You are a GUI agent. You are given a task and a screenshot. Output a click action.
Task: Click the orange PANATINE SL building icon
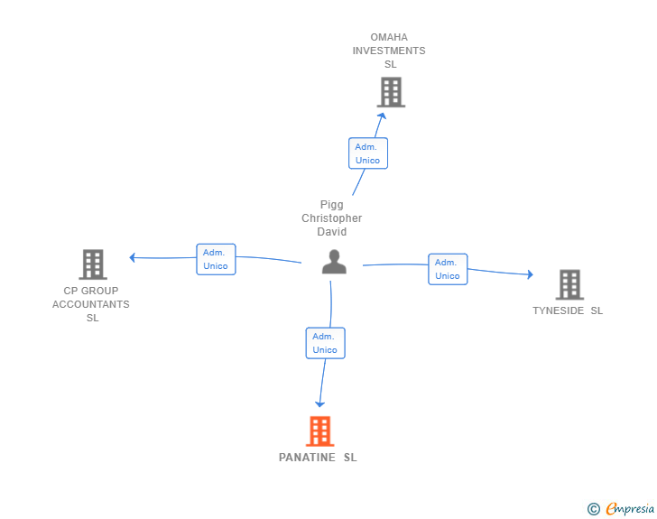click(x=320, y=431)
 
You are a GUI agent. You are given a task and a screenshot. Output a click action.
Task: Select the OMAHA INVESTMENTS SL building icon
click(x=391, y=92)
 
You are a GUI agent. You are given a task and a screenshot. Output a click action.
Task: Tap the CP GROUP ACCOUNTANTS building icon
click(x=93, y=264)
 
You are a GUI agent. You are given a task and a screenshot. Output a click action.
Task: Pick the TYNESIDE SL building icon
click(x=569, y=284)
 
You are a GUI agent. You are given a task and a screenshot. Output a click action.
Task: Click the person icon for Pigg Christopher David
click(x=334, y=262)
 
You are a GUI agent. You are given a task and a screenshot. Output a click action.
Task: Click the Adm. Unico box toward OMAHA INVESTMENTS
click(x=368, y=153)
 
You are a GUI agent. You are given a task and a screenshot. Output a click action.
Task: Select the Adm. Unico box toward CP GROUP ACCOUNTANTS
click(x=216, y=259)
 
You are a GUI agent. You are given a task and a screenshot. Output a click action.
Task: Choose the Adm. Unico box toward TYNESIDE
click(x=448, y=269)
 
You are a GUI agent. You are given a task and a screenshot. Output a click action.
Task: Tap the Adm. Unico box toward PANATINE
click(x=325, y=343)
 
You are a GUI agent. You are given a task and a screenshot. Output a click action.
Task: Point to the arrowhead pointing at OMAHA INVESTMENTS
click(x=382, y=116)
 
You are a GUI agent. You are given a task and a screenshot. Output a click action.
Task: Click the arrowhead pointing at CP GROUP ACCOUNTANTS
click(x=132, y=257)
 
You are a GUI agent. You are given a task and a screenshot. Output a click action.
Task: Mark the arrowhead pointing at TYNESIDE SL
click(x=531, y=274)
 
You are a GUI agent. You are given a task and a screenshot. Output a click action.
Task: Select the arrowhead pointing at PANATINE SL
click(x=319, y=404)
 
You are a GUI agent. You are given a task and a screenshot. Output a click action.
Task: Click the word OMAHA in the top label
click(x=389, y=37)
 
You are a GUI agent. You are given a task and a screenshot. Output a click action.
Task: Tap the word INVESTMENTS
click(x=389, y=51)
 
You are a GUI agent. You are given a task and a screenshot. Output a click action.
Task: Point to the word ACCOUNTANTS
click(x=91, y=304)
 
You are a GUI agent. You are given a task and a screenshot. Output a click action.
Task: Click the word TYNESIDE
click(x=558, y=310)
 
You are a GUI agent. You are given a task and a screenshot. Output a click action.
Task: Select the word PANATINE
click(x=307, y=458)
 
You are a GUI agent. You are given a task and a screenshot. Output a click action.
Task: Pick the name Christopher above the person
click(x=332, y=218)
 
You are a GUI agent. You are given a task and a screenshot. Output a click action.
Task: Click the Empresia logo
click(x=621, y=508)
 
